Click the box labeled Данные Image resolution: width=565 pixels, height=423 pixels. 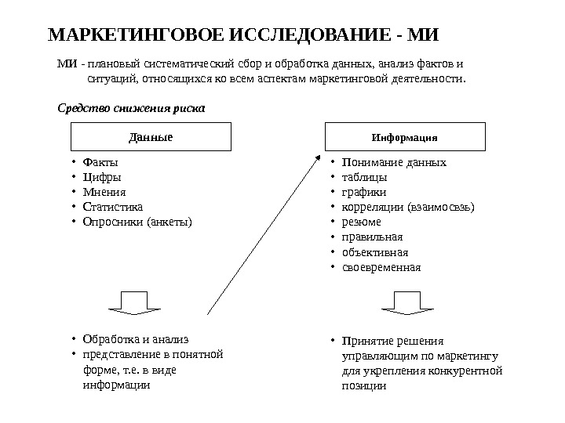[151, 136]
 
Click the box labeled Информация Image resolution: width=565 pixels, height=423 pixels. [404, 136]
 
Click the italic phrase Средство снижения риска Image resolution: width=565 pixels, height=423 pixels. [133, 108]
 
